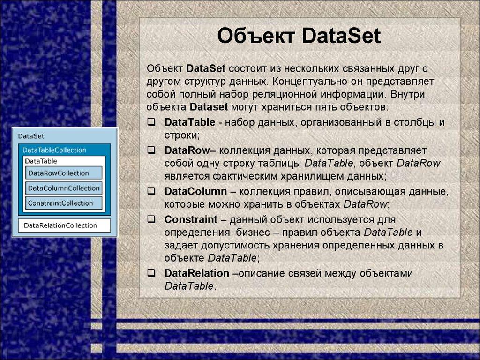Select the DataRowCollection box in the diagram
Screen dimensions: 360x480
pyautogui.click(x=64, y=173)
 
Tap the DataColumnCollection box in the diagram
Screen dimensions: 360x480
pyautogui.click(x=64, y=188)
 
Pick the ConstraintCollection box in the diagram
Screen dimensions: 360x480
pyautogui.click(x=64, y=203)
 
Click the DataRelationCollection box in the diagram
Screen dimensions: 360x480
pyautogui.click(x=64, y=225)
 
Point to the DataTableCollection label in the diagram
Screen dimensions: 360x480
pyautogui.click(x=54, y=150)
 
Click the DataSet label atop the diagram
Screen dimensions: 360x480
pyautogui.click(x=31, y=136)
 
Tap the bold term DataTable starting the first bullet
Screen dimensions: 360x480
pyautogui.click(x=189, y=123)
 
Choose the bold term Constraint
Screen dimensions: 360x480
pyautogui.click(x=191, y=219)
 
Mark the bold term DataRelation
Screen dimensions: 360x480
pyautogui.click(x=197, y=273)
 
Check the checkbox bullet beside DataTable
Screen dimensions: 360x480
pyautogui.click(x=151, y=122)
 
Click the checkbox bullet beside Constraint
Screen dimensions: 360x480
pyautogui.click(x=151, y=219)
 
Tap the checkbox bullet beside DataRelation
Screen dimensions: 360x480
pyautogui.click(x=151, y=273)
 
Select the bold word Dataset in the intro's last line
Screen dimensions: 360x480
pyautogui.click(x=209, y=107)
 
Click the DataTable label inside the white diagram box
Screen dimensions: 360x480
pyautogui.click(x=41, y=161)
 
